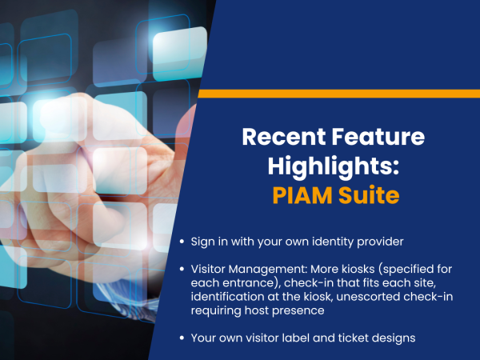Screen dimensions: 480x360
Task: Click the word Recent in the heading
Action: pos(284,137)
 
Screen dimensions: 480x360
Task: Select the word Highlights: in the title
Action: pos(334,167)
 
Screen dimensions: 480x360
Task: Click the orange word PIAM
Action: pos(302,195)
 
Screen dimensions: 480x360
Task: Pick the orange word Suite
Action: pos(369,195)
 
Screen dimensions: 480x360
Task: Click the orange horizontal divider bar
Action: pos(339,94)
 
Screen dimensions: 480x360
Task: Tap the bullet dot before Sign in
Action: pos(182,242)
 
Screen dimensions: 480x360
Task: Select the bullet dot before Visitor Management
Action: pos(182,269)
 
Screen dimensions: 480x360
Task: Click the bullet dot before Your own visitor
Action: pos(182,338)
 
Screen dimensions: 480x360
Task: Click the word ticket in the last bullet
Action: pos(353,338)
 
